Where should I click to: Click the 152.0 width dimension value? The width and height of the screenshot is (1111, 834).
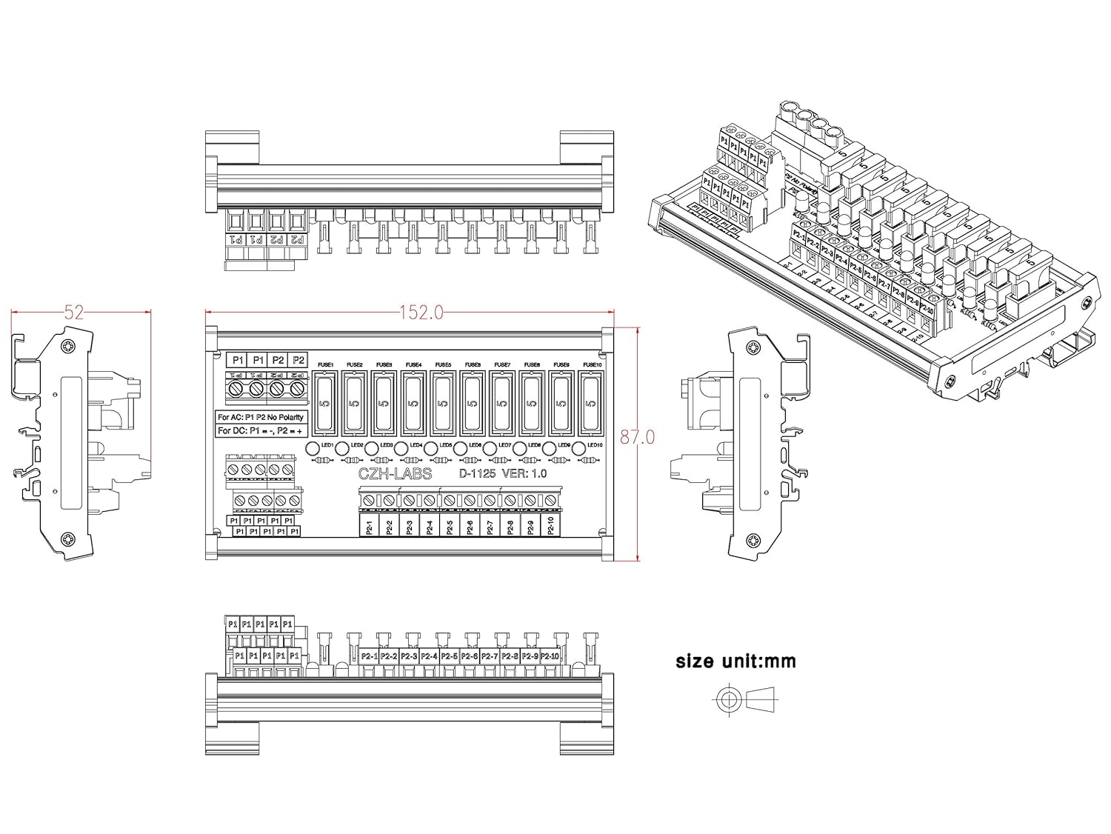tap(421, 313)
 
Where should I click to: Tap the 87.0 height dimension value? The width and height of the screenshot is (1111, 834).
tap(638, 437)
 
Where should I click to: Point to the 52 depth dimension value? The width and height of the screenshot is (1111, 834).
tap(74, 313)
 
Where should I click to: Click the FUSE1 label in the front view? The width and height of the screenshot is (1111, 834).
tap(326, 364)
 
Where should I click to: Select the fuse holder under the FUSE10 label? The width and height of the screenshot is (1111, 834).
tap(590, 404)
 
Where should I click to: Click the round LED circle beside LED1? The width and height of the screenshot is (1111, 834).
tap(313, 447)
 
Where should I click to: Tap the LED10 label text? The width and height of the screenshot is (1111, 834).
tap(595, 445)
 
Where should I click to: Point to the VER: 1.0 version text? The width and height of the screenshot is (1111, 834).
tap(524, 474)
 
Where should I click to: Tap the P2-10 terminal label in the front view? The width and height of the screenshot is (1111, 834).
tap(551, 527)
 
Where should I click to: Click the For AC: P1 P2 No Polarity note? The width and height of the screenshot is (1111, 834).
tap(261, 417)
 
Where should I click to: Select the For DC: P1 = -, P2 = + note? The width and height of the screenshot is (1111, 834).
tap(261, 430)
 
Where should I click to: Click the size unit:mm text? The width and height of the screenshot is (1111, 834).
tap(735, 661)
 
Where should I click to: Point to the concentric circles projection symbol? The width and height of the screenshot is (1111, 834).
tap(728, 698)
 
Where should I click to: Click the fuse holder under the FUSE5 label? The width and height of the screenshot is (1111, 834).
tap(443, 404)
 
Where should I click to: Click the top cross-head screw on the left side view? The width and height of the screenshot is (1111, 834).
tap(70, 346)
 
